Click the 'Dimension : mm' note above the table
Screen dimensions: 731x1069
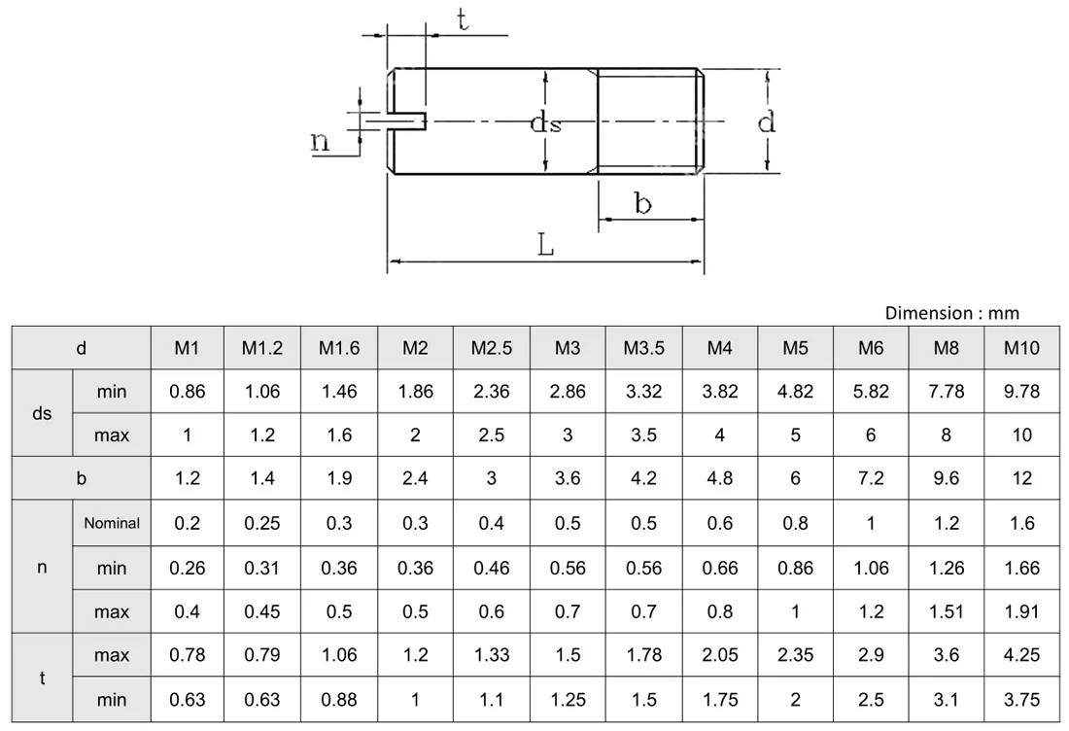point(951,312)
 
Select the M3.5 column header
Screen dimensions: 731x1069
point(643,348)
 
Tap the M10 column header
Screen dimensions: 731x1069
point(1021,348)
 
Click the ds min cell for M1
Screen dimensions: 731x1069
point(188,392)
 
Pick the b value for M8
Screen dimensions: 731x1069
point(947,478)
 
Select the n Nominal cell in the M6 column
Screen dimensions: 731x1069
point(871,523)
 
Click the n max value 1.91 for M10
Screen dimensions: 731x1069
point(1021,611)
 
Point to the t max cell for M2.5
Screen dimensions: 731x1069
point(491,656)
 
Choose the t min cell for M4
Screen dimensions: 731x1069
point(719,700)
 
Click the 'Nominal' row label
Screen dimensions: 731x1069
point(112,523)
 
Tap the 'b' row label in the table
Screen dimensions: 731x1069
point(82,478)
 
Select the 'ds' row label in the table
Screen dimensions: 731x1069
point(42,414)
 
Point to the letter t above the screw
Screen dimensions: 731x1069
point(464,20)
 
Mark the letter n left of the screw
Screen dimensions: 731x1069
point(320,142)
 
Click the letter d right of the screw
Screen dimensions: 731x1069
point(767,122)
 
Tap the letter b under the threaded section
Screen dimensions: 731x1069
point(642,203)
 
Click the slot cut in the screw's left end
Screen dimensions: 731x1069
point(408,121)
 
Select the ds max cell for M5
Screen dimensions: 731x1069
point(795,435)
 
